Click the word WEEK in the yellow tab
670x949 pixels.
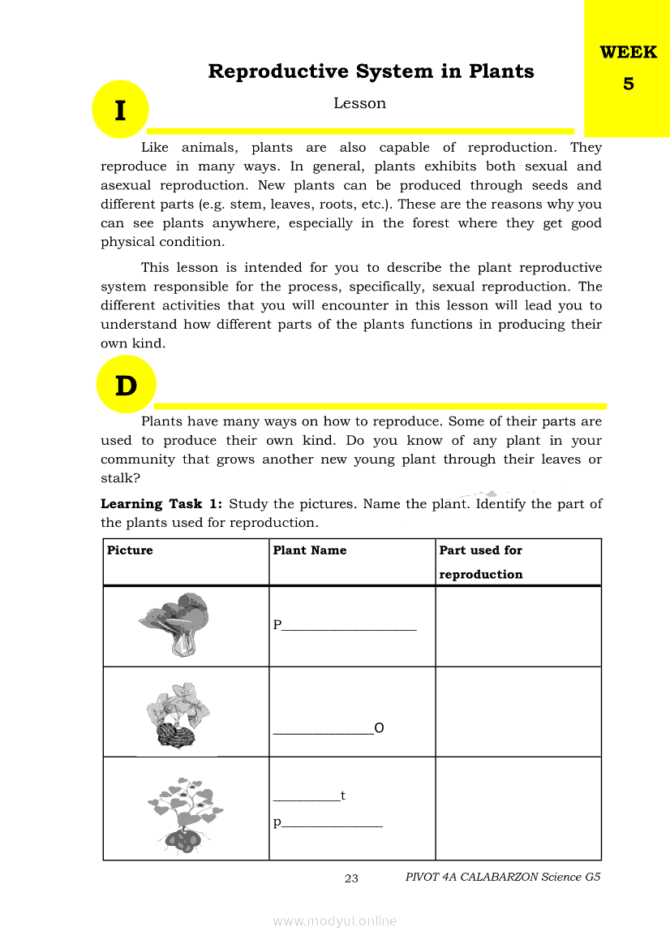628,53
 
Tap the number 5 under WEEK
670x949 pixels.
629,84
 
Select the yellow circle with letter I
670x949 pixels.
120,110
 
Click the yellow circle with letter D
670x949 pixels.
126,386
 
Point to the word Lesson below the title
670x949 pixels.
359,103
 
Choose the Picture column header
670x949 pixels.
130,550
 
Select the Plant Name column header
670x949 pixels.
310,550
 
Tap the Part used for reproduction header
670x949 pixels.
481,562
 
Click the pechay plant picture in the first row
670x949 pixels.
177,623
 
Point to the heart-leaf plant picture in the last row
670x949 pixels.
185,814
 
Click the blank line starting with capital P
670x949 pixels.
345,625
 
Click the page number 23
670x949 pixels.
351,878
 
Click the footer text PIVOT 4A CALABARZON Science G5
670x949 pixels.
503,878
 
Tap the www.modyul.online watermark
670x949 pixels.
335,921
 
